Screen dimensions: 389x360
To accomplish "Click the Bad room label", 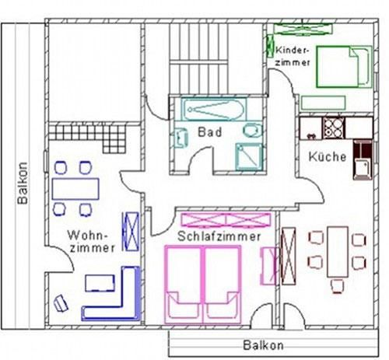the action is (x=210, y=132).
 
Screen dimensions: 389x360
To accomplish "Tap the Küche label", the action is (x=328, y=156).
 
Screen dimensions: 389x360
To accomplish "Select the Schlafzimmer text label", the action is (x=219, y=236).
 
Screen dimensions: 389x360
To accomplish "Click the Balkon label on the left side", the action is (x=23, y=183).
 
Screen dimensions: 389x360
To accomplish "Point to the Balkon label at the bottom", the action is (x=263, y=345).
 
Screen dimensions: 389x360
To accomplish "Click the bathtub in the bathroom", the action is (x=214, y=110).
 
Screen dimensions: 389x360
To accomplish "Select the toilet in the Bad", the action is (x=253, y=130).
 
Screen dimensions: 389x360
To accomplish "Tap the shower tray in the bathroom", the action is (x=249, y=157).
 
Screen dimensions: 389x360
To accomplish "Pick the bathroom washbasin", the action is (x=181, y=138).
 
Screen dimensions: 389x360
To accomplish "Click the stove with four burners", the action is (x=334, y=128).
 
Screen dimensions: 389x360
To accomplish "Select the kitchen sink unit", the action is (x=363, y=160).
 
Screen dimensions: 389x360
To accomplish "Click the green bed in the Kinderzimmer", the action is (x=344, y=67).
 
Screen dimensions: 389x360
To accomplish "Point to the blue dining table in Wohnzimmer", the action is (x=75, y=189).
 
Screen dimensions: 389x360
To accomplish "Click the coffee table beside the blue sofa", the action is (x=100, y=283).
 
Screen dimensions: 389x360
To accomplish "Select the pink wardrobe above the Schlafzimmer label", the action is (x=226, y=220).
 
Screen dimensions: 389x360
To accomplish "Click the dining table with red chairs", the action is (x=338, y=252).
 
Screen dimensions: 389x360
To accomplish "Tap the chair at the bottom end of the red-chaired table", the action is (x=338, y=286).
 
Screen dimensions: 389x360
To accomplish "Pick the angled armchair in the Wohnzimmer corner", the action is (x=61, y=303).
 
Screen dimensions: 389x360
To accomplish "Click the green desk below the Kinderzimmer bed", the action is (x=323, y=103).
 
